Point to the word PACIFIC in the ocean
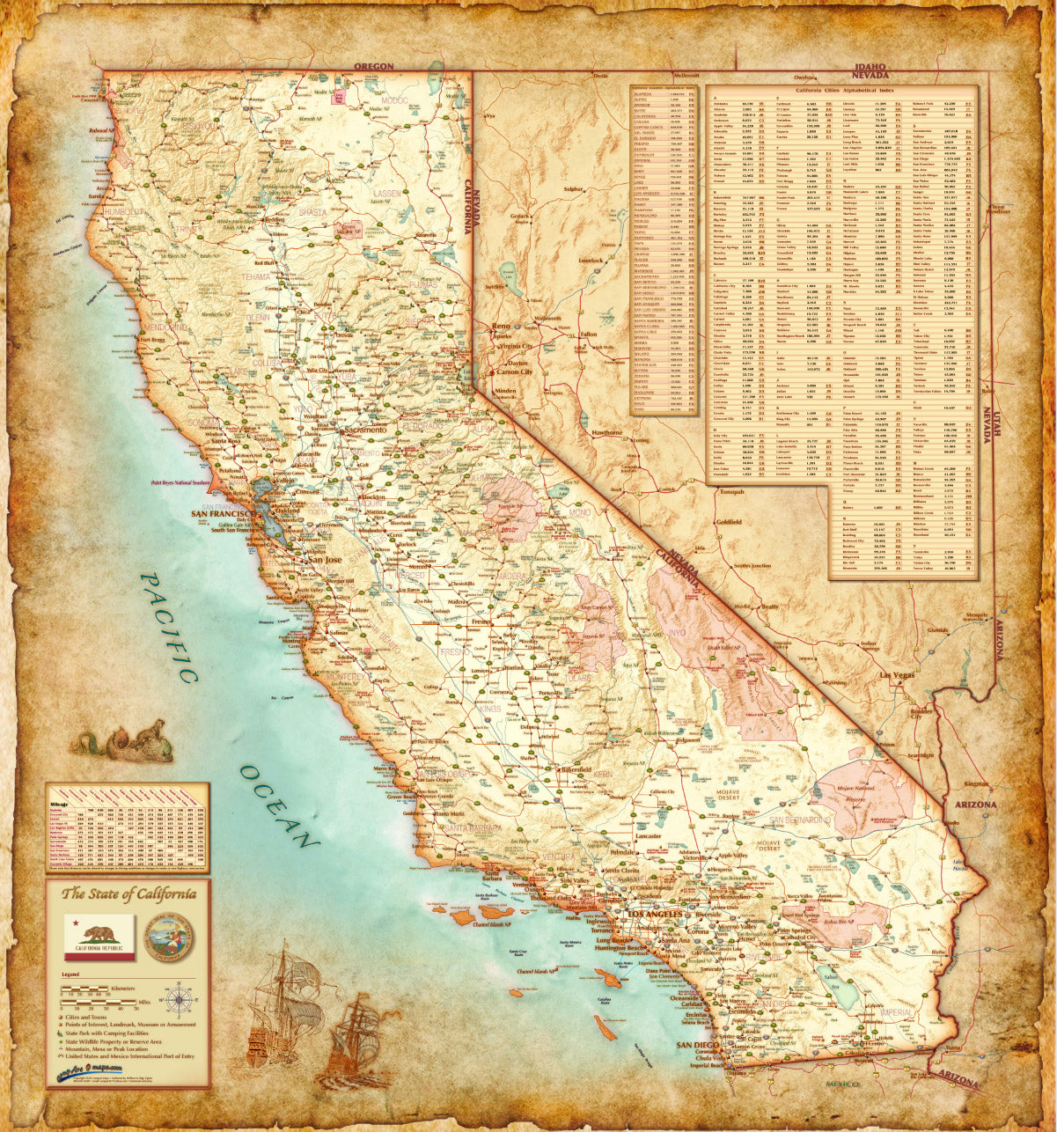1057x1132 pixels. click(170, 627)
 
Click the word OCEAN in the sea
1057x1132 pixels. click(278, 805)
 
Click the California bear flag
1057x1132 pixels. click(99, 937)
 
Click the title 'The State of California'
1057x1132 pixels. click(128, 894)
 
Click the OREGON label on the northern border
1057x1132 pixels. click(373, 66)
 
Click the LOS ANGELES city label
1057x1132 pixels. click(652, 916)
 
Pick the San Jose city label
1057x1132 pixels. click(323, 559)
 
